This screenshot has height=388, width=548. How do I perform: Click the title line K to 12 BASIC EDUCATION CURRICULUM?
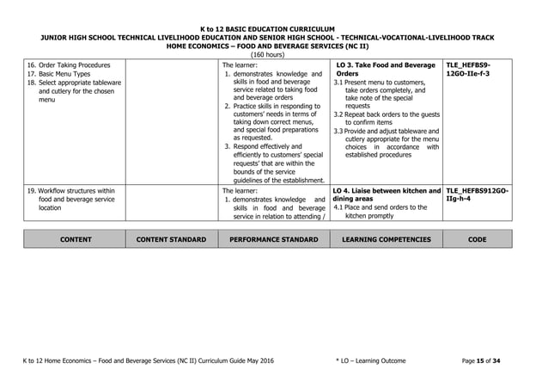[x=273, y=28]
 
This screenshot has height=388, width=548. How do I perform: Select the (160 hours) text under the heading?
[x=273, y=55]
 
